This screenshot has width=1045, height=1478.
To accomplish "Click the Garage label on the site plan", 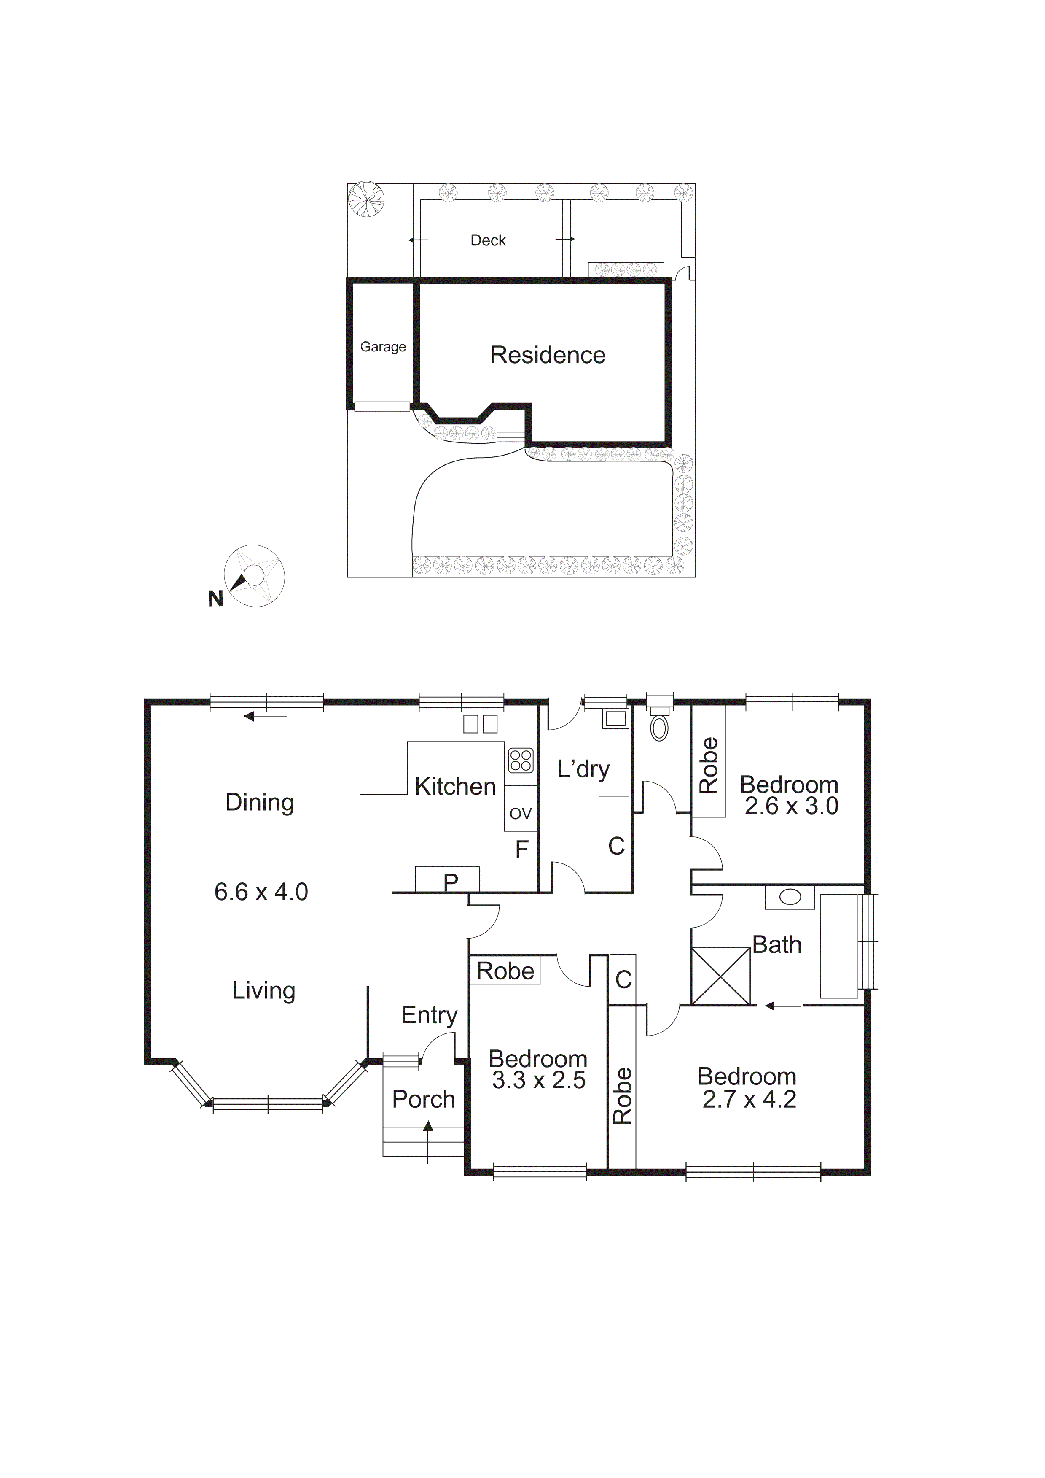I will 383,347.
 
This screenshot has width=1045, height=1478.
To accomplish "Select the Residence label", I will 548,355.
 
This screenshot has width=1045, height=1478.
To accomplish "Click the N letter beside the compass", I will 215,599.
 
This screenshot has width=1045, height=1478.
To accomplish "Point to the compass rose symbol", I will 254,575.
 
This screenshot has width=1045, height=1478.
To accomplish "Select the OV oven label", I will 521,813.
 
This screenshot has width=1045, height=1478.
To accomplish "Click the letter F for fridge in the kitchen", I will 522,850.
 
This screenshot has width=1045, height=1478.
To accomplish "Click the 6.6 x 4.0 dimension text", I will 261,892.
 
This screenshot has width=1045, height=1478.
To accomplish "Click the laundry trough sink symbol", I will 615,718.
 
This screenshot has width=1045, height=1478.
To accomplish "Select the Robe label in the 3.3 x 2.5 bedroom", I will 505,971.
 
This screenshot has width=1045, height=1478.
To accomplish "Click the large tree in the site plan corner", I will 366,199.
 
